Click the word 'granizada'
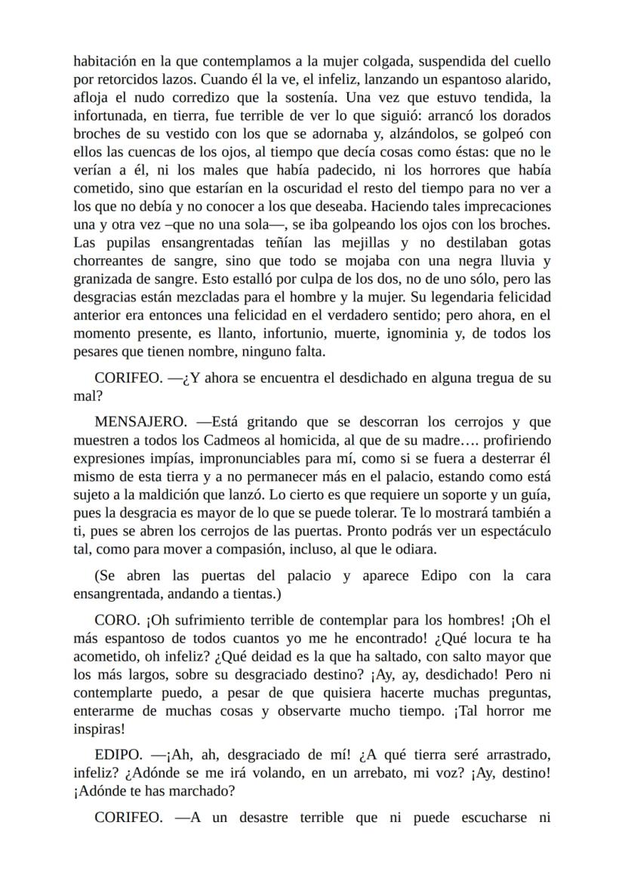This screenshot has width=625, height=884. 103,279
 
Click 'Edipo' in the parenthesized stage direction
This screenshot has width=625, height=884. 439,576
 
